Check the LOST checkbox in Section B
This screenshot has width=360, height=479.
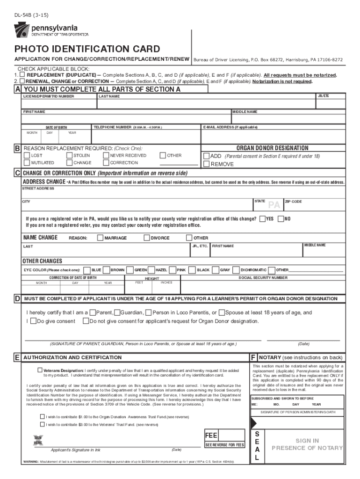(x=27, y=155)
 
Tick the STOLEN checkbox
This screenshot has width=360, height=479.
(x=70, y=155)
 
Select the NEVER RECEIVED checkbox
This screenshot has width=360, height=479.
(x=106, y=155)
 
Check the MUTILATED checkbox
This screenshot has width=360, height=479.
(x=27, y=163)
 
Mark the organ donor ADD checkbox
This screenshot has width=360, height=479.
(x=206, y=156)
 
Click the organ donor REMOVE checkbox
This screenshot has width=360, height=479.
(x=206, y=164)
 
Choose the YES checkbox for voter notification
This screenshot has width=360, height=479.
(x=263, y=218)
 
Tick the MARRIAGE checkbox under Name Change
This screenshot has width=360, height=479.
(x=100, y=238)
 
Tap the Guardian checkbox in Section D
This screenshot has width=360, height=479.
(x=116, y=312)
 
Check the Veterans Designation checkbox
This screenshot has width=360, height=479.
(x=40, y=370)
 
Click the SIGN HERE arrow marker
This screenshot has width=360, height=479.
(x=38, y=440)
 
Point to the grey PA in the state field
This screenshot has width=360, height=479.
(x=274, y=204)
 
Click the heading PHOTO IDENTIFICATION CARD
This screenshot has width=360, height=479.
(x=87, y=49)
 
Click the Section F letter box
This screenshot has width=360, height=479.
(x=253, y=357)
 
